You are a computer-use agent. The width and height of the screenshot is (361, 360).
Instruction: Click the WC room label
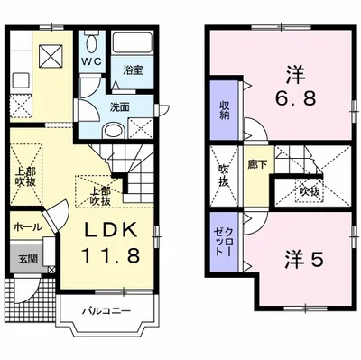tap(92, 61)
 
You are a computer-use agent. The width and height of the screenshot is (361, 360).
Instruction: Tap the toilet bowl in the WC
tap(92, 42)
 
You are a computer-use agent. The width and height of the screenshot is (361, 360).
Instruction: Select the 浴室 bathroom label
tap(133, 70)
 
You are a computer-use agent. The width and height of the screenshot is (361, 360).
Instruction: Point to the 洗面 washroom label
tap(119, 107)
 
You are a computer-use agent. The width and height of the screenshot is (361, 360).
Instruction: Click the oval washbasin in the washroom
tap(113, 132)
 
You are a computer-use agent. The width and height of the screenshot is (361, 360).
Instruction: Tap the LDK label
tap(110, 231)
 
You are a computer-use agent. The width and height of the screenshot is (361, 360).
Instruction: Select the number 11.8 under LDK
tap(110, 255)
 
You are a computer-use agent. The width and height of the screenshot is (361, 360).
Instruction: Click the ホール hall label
tap(27, 227)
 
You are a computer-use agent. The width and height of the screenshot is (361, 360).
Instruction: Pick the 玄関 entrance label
tap(28, 258)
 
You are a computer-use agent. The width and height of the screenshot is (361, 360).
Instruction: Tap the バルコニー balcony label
tap(107, 310)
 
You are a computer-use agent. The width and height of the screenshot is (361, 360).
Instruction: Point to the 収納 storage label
tap(224, 110)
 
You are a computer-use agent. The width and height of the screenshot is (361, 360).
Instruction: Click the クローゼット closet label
tap(224, 242)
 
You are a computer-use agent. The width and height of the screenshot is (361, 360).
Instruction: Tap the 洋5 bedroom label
tap(304, 260)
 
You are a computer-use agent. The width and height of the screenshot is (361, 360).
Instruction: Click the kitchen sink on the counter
tap(21, 80)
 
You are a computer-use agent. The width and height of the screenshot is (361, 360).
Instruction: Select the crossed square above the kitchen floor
tap(51, 56)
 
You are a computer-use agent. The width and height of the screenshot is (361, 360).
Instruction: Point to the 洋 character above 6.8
tap(295, 75)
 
